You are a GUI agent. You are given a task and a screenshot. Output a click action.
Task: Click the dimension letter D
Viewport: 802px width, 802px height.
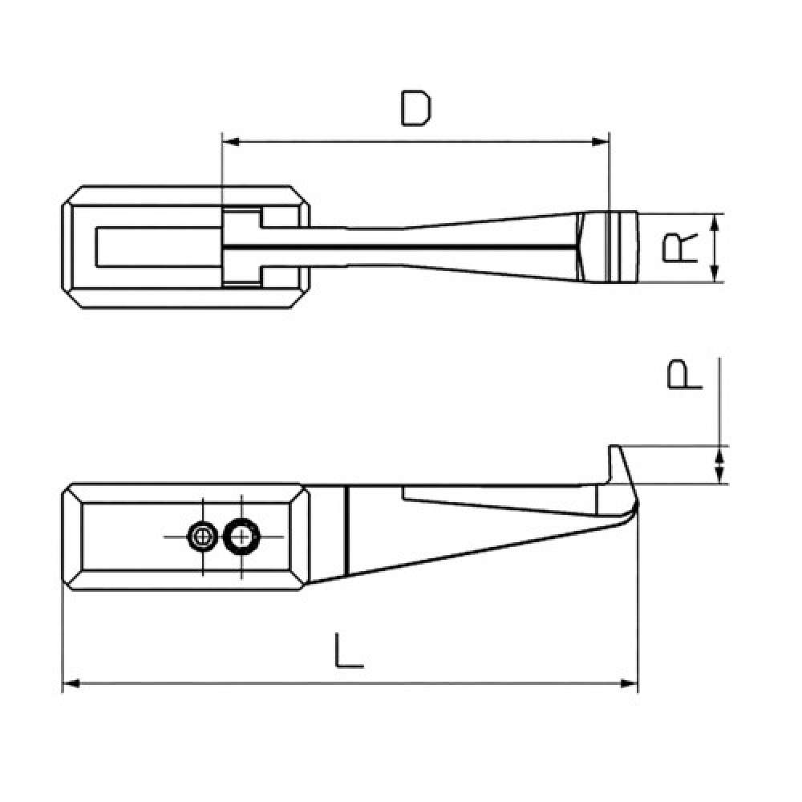point(415,108)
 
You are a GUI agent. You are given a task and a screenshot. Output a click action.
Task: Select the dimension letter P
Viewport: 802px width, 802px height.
point(685,375)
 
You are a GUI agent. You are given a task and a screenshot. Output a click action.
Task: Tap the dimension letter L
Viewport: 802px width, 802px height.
point(349,650)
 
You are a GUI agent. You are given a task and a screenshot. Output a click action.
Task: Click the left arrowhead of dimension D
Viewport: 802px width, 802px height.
point(231,142)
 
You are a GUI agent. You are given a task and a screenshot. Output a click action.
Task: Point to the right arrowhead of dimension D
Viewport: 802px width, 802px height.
point(601,142)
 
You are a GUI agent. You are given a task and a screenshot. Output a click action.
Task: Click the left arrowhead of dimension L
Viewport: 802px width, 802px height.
point(71,683)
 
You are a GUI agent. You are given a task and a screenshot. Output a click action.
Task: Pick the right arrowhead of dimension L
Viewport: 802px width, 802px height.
point(629,683)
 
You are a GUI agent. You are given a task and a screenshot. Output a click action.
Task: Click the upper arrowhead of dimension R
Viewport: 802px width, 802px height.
point(715,222)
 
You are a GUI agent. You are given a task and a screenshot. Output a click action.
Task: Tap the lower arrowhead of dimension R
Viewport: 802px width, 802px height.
point(715,273)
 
